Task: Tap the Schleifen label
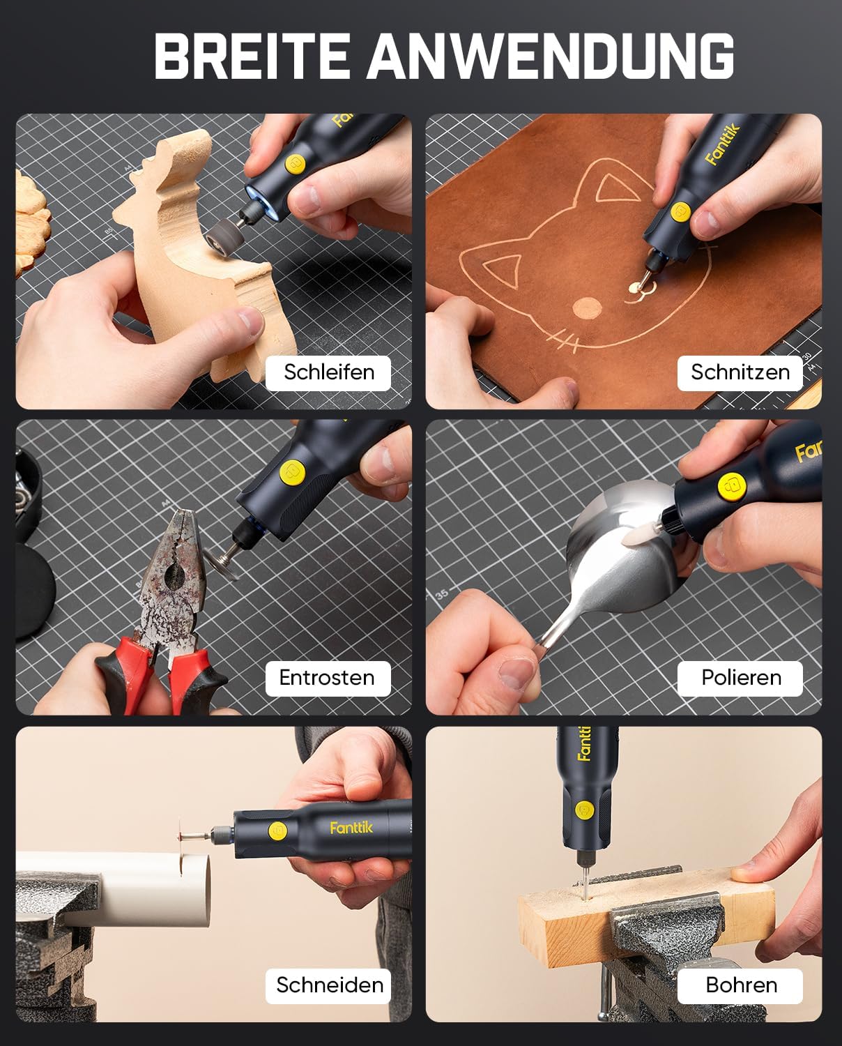(x=328, y=373)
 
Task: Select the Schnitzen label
(x=740, y=373)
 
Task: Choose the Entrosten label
(x=328, y=678)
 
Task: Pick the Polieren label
(x=741, y=678)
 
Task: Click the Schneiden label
(x=329, y=985)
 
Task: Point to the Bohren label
(x=741, y=985)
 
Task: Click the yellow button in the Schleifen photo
(x=295, y=165)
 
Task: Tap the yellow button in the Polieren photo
(x=732, y=487)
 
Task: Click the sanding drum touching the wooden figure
(x=224, y=235)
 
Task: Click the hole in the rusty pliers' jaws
(x=174, y=577)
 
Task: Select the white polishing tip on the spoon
(x=638, y=538)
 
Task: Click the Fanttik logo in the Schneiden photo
(x=351, y=828)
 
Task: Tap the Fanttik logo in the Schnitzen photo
(x=722, y=144)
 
